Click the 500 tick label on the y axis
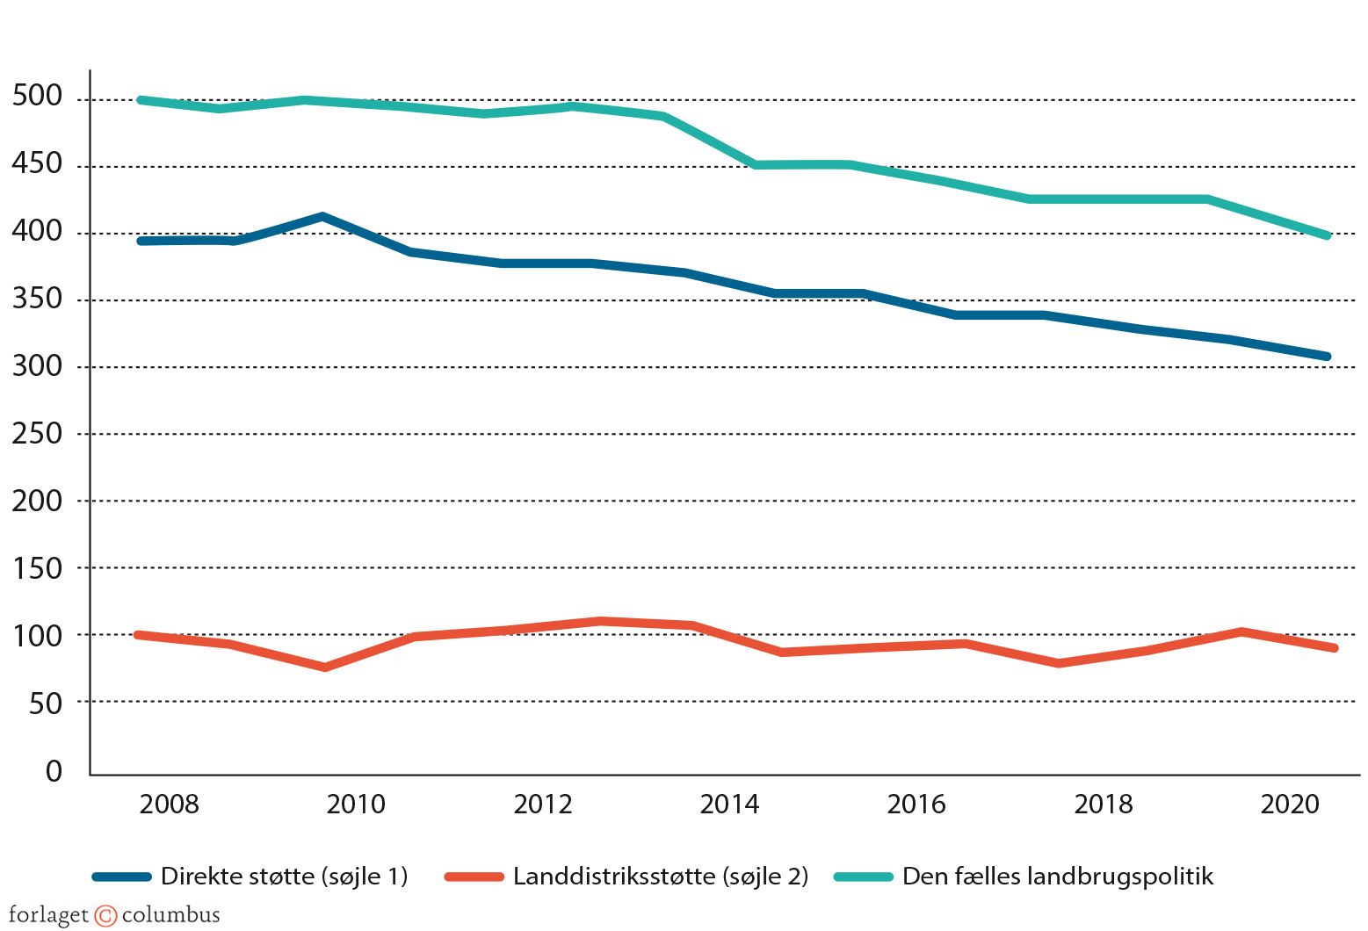[38, 96]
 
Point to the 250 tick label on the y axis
[38, 433]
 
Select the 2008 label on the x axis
[169, 804]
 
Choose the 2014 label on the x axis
[729, 804]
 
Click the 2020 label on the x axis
[1290, 804]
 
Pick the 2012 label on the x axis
[542, 804]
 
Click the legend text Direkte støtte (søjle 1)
[284, 876]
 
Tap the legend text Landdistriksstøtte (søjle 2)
[661, 876]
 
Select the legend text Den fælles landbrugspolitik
[1058, 876]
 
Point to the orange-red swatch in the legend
[474, 877]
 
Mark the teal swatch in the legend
[863, 877]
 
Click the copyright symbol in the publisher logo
[105, 916]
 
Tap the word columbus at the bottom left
[170, 915]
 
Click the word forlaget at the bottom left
[48, 915]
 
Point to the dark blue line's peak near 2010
[322, 216]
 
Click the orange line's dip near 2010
[325, 668]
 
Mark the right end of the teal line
[1328, 235]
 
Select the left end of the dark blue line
[141, 241]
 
